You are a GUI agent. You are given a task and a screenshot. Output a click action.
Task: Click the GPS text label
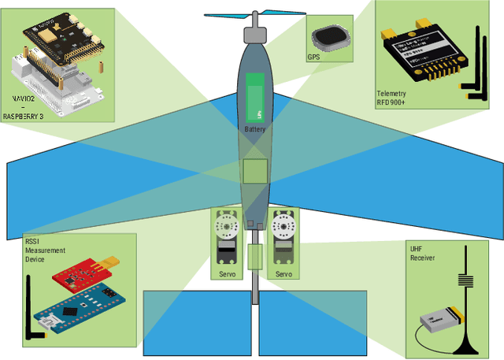pos(313,57)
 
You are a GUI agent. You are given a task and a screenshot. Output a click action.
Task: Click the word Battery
pos(254,129)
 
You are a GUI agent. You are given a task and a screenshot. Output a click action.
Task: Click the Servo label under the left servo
pos(227,274)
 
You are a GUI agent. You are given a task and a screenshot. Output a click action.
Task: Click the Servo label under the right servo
pos(283,274)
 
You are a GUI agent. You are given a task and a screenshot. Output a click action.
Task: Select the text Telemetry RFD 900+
pos(393,98)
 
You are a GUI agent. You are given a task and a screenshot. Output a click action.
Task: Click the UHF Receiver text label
pos(422,253)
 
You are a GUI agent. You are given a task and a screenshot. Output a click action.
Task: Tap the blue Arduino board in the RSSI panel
pos(80,304)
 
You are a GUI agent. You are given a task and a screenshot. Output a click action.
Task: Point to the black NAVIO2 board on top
pos(62,35)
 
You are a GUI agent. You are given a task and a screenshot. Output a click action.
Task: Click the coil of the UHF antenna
pos(465,283)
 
